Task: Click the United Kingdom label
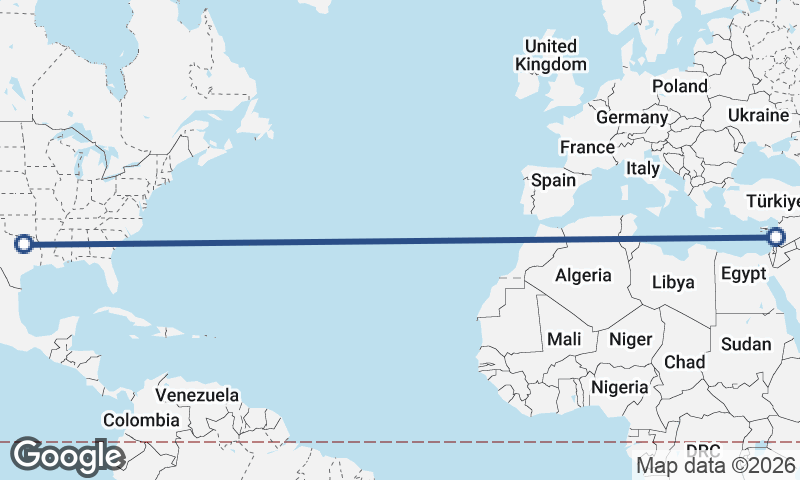click(551, 55)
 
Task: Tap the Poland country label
click(680, 86)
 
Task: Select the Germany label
click(631, 117)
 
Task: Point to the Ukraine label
click(758, 115)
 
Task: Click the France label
click(587, 147)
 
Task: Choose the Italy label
click(643, 169)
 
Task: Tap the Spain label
click(553, 181)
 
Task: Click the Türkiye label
click(773, 205)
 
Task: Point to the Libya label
click(673, 282)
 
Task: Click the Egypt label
click(743, 273)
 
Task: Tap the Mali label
click(564, 339)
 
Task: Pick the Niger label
click(630, 339)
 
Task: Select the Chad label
click(685, 362)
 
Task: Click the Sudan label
click(746, 344)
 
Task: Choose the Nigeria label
click(621, 386)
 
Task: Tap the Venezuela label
click(198, 395)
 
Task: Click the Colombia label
click(141, 421)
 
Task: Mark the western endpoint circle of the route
click(24, 243)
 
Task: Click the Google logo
click(67, 456)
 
